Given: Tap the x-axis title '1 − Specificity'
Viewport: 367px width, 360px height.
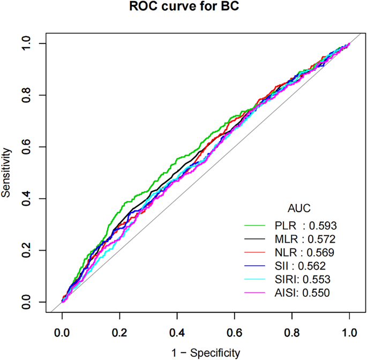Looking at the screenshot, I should [206, 352].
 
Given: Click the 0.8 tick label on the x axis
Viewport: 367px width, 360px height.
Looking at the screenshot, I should [292, 332].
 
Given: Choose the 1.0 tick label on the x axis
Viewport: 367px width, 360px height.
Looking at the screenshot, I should [349, 332].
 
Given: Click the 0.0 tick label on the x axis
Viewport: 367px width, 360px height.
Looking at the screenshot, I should [62, 332].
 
